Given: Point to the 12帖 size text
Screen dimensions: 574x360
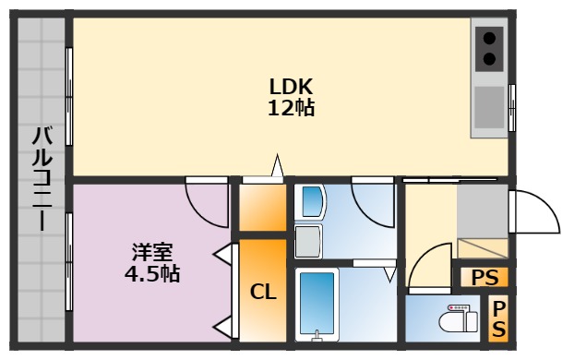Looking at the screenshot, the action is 291,108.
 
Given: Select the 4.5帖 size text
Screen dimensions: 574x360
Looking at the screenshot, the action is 151,273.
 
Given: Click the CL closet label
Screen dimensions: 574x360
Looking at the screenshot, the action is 264,292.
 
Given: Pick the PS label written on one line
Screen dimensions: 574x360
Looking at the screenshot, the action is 484,277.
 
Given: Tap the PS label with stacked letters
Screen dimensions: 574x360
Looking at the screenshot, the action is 498,318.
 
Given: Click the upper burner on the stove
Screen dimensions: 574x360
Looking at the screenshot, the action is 489,39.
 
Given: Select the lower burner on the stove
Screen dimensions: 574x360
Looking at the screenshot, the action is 489,60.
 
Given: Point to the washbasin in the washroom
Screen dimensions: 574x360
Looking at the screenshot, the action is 312,202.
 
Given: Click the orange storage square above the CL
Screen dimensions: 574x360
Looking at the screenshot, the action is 264,209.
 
